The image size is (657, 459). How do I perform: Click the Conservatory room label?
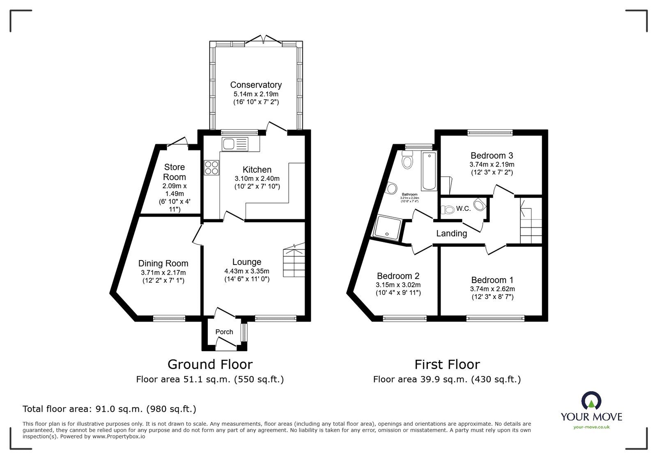click(x=256, y=85)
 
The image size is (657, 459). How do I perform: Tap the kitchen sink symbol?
click(x=235, y=144)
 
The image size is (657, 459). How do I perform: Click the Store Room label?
click(x=175, y=172)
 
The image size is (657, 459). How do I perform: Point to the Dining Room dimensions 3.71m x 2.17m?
click(x=163, y=273)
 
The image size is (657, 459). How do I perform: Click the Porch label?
click(x=224, y=332)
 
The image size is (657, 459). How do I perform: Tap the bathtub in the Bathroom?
click(x=430, y=171)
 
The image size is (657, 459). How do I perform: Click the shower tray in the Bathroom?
click(x=386, y=227)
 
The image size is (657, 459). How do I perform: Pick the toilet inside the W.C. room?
click(x=448, y=210)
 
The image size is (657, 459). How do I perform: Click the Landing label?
click(x=451, y=233)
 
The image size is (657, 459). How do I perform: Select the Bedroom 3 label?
click(x=492, y=155)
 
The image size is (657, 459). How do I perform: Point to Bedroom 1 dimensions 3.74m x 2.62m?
click(x=492, y=289)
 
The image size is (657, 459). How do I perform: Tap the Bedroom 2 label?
click(x=398, y=276)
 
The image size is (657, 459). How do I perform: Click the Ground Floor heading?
click(x=210, y=364)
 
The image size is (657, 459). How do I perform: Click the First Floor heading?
click(x=447, y=364)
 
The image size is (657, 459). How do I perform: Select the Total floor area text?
click(x=109, y=409)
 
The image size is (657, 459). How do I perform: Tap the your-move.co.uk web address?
click(x=591, y=427)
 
